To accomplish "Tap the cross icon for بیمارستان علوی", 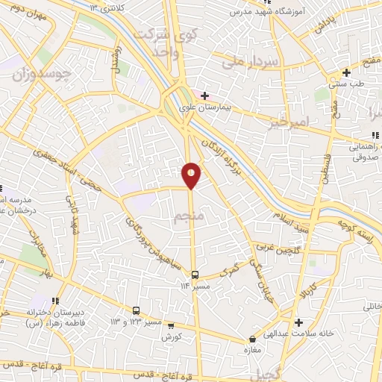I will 204,95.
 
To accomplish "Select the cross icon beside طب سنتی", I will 346,72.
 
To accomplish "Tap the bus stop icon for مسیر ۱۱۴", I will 195,274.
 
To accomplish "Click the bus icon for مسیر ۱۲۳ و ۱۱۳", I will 137,310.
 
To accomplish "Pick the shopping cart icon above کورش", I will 171,325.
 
